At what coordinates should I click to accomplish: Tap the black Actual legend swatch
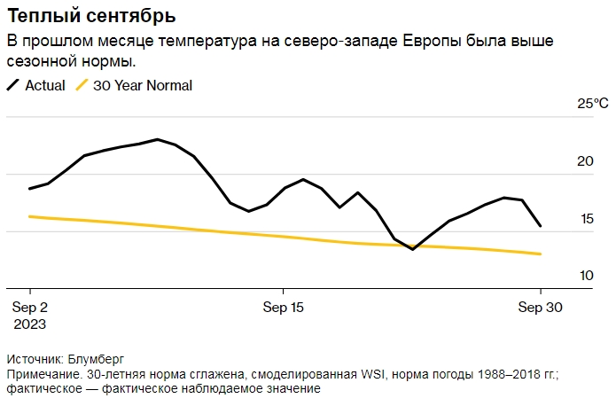13,86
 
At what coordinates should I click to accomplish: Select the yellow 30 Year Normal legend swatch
82,86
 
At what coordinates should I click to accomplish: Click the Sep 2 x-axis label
30,307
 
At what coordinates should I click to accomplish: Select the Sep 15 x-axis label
283,307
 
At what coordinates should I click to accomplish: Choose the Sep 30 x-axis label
540,307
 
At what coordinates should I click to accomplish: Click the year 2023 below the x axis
30,324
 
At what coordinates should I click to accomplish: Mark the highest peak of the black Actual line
157,139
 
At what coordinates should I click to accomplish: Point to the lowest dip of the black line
412,249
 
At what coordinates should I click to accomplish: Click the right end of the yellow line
540,254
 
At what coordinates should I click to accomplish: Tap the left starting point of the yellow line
30,216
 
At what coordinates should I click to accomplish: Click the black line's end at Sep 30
540,226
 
